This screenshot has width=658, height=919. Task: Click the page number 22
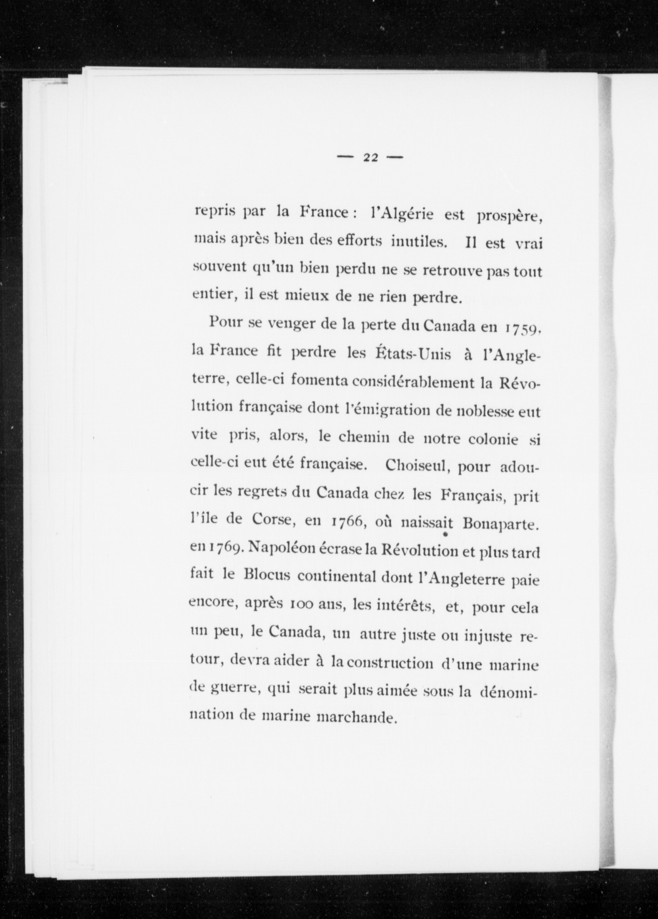point(370,158)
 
